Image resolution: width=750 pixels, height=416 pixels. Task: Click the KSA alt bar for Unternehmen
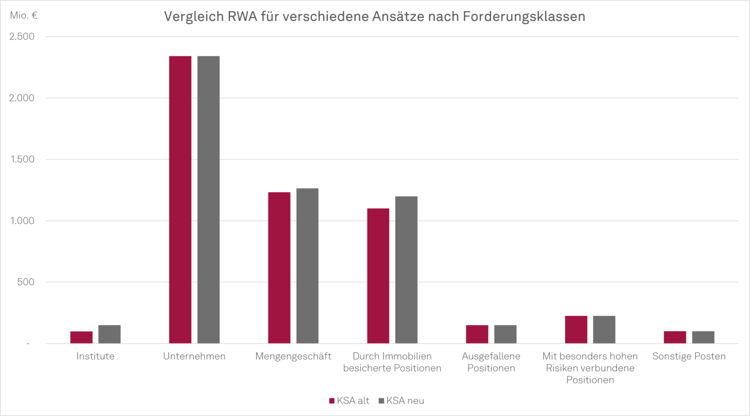pyautogui.click(x=180, y=199)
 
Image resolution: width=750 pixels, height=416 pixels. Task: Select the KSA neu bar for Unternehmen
pyautogui.click(x=208, y=199)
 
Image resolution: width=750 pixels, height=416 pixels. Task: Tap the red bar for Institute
pyautogui.click(x=81, y=337)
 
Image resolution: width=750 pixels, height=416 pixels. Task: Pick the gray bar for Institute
pyautogui.click(x=109, y=334)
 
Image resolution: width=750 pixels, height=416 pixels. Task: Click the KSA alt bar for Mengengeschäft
pyautogui.click(x=279, y=268)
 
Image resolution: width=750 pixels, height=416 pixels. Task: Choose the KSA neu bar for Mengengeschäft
pyautogui.click(x=307, y=266)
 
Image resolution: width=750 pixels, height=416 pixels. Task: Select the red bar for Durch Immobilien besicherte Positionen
pyautogui.click(x=378, y=276)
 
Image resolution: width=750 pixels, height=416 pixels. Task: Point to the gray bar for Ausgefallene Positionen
pyautogui.click(x=505, y=334)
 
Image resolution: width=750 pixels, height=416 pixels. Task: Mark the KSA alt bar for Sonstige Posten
pyautogui.click(x=675, y=337)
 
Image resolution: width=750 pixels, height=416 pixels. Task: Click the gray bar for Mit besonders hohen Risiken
pyautogui.click(x=604, y=329)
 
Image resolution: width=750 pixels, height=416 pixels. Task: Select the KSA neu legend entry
pyautogui.click(x=401, y=400)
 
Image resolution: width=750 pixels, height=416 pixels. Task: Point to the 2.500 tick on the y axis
pyautogui.click(x=21, y=36)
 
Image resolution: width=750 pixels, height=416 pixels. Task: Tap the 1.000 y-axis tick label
pyautogui.click(x=21, y=221)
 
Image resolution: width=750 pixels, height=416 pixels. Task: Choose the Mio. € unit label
pyautogui.click(x=24, y=16)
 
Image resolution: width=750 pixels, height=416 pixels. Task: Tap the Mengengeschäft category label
pyautogui.click(x=293, y=356)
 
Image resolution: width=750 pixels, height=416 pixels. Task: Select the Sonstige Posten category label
pyautogui.click(x=689, y=356)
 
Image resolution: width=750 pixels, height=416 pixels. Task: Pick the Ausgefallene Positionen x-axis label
pyautogui.click(x=491, y=362)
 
